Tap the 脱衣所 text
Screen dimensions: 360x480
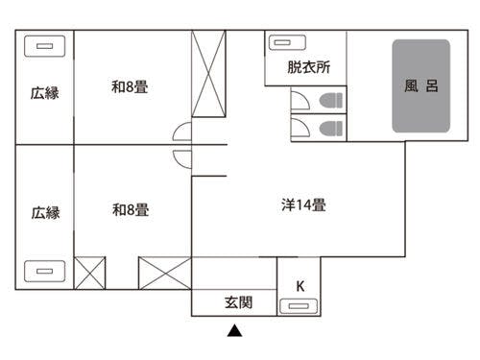click(x=308, y=68)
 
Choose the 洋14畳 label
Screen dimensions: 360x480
click(x=303, y=204)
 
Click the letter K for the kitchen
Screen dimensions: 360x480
click(x=300, y=285)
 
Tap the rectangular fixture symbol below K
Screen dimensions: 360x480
click(x=299, y=306)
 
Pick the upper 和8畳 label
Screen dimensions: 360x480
click(x=130, y=87)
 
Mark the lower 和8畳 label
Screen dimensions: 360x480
click(x=130, y=209)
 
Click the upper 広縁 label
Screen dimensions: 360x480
click(x=44, y=93)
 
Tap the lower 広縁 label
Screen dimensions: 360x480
click(x=44, y=213)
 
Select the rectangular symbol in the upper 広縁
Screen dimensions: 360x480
click(x=44, y=45)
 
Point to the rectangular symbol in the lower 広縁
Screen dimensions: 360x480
click(x=44, y=271)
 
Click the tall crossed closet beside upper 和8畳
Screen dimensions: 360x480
click(x=208, y=74)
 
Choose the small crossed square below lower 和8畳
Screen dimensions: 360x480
click(x=89, y=273)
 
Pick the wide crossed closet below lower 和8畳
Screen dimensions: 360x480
click(x=164, y=273)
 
